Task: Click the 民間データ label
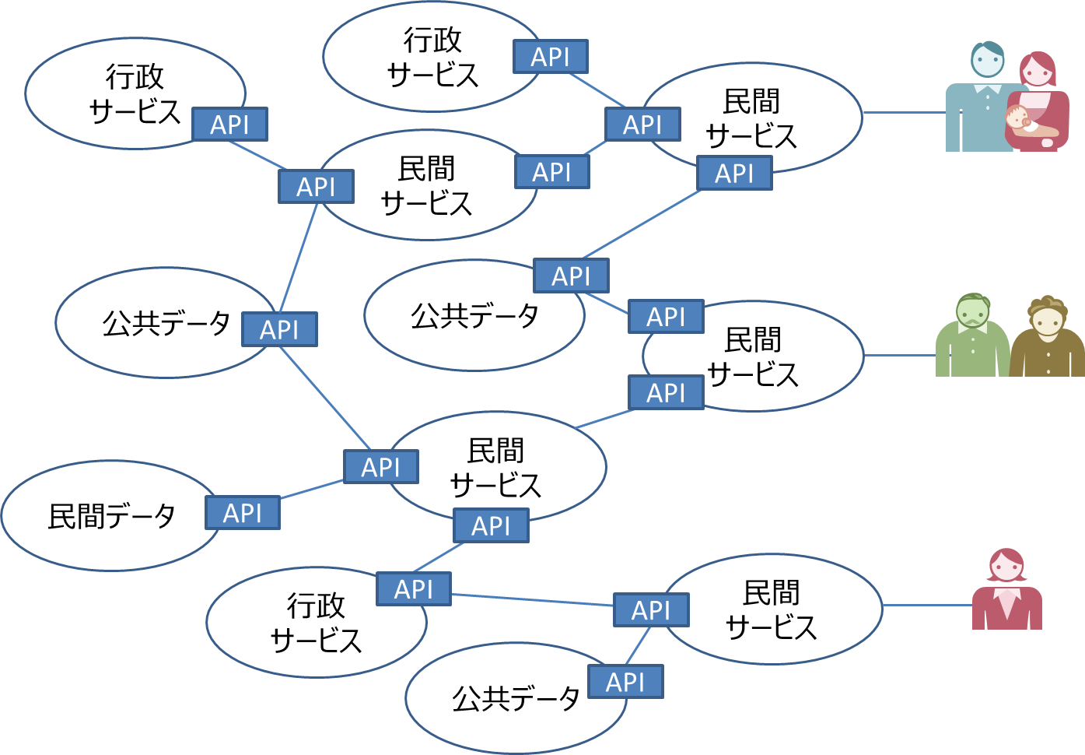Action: tap(111, 516)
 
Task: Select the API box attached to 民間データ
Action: tap(243, 513)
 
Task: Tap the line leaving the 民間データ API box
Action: tap(312, 489)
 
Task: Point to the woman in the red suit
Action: tap(1007, 592)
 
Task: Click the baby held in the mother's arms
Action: tap(1020, 120)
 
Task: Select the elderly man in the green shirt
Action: tap(972, 339)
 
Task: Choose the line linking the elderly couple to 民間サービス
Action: tap(899, 355)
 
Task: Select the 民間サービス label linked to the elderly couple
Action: tap(753, 357)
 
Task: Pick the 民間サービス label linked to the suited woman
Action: tap(771, 609)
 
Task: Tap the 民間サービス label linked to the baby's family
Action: tap(751, 118)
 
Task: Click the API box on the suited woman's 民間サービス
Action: tap(651, 610)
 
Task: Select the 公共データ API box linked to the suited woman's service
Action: tap(625, 682)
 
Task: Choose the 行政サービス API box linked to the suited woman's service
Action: tap(414, 589)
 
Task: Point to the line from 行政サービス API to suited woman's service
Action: tap(533, 599)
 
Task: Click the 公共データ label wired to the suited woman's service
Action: tap(516, 699)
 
